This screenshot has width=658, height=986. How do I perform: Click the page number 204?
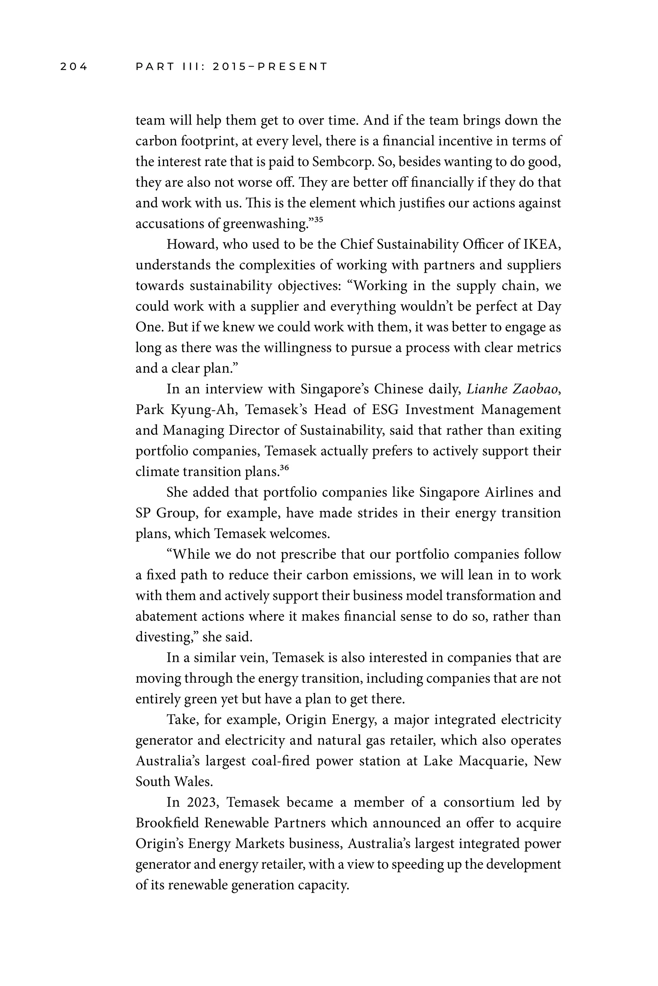point(74,67)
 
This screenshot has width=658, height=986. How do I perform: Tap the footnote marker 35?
point(318,219)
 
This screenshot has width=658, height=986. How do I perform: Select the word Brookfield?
point(167,823)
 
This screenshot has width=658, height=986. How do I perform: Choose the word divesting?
point(165,637)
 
